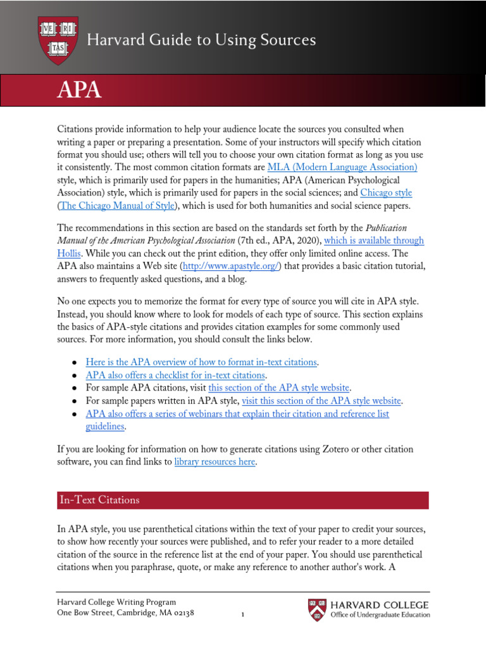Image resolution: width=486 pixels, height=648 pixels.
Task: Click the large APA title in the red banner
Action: pos(80,89)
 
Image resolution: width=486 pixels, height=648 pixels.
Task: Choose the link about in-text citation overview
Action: pos(201,363)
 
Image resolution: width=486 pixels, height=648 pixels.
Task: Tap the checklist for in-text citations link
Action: pos(175,375)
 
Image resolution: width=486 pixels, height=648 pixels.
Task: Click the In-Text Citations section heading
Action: pos(99,500)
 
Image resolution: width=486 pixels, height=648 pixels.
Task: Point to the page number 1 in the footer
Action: pos(243,614)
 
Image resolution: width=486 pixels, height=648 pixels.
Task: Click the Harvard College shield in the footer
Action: pos(318,609)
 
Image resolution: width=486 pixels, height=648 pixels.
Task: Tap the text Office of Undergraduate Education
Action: pos(380,615)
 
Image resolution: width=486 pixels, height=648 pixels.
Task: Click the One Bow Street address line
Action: pos(125,613)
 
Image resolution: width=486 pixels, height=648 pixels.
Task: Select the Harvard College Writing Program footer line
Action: pos(116,602)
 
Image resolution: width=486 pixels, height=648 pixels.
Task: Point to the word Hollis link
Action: pos(69,254)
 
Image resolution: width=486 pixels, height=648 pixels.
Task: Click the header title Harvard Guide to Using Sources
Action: pos(201,40)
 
